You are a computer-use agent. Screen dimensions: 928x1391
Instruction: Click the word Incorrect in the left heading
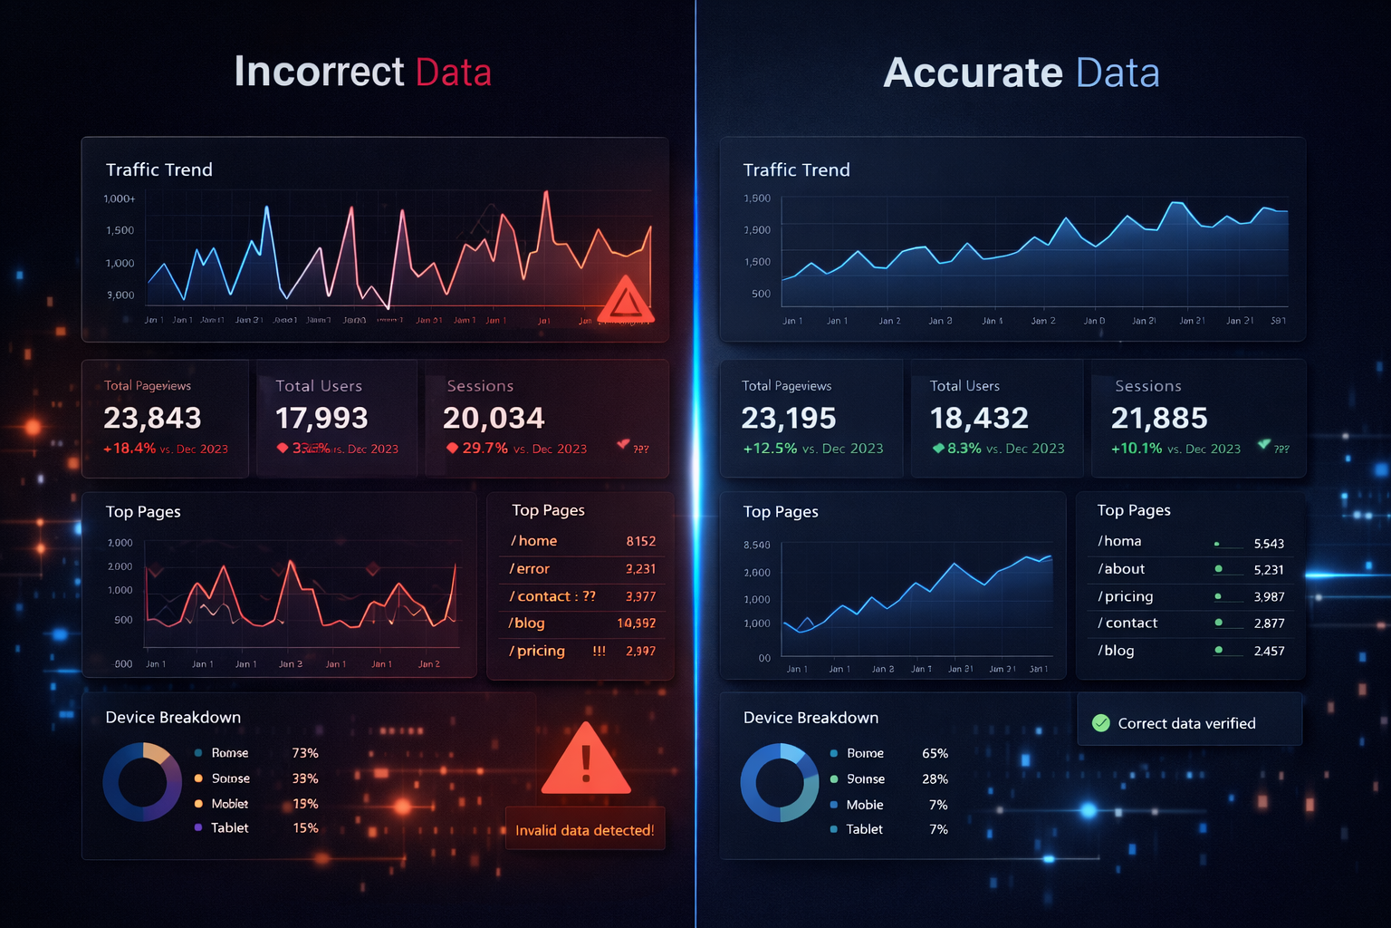click(x=319, y=72)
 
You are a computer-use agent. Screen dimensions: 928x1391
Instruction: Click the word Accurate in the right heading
click(x=973, y=72)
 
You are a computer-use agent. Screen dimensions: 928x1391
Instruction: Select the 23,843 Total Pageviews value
click(x=152, y=418)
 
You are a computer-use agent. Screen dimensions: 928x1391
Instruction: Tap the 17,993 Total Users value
click(x=321, y=418)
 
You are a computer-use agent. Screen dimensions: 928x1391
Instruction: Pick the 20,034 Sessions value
click(x=494, y=418)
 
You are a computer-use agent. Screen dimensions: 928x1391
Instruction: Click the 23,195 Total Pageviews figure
click(x=789, y=418)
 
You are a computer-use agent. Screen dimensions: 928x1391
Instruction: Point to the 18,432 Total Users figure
click(x=979, y=418)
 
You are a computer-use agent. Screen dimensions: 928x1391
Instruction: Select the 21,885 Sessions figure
click(x=1159, y=418)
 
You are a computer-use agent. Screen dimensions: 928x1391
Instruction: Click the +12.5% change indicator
click(x=770, y=449)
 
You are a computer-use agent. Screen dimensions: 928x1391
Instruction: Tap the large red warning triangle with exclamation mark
click(x=586, y=761)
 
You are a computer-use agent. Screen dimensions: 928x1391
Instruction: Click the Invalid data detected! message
click(x=584, y=830)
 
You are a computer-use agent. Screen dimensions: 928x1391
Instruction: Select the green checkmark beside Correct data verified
click(x=1101, y=723)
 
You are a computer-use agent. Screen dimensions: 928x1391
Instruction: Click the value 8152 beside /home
click(x=640, y=541)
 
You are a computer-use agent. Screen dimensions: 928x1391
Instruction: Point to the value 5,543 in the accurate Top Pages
click(x=1269, y=544)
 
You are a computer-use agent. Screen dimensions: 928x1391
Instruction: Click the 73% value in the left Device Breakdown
click(x=305, y=753)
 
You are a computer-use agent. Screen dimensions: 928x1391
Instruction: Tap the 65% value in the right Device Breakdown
click(x=935, y=754)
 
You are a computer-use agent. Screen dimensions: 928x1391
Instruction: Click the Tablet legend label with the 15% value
click(x=230, y=828)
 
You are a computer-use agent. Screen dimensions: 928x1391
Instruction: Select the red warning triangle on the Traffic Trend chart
click(x=625, y=301)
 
